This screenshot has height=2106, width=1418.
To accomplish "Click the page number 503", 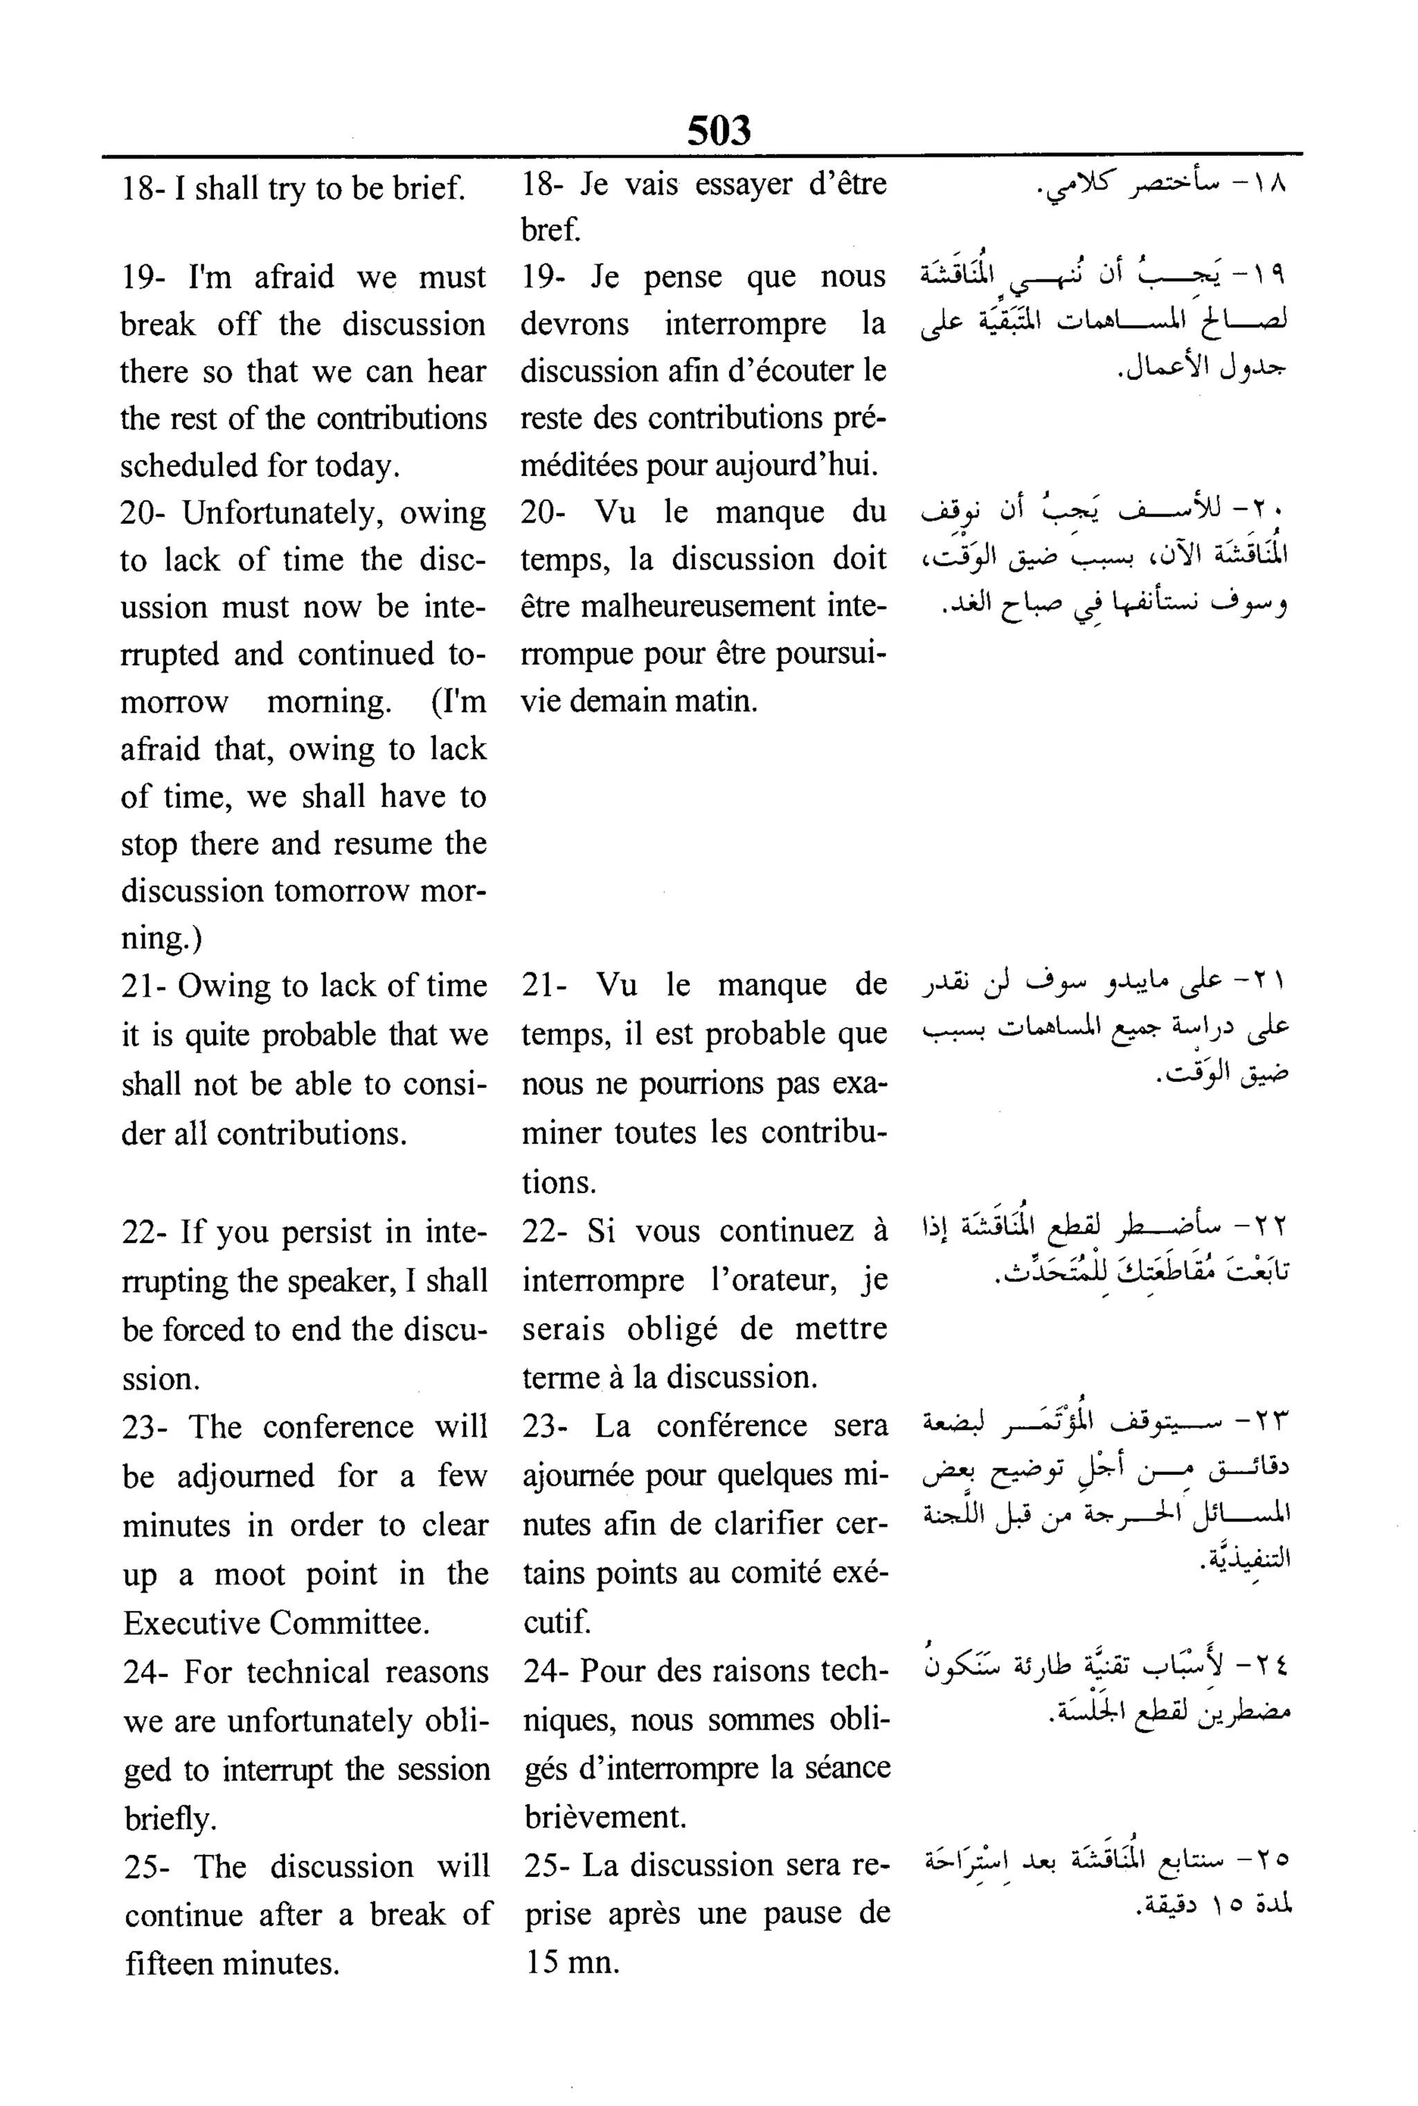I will (719, 130).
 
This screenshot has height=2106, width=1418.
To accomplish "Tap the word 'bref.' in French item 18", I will (550, 230).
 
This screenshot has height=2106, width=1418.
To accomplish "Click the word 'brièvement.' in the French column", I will (605, 1817).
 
